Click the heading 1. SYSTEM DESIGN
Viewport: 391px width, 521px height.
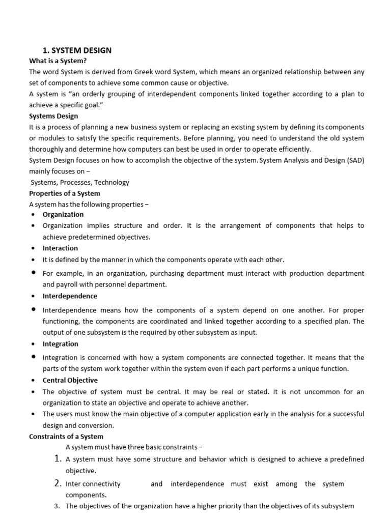[77, 50]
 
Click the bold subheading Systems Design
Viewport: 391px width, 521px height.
[53, 116]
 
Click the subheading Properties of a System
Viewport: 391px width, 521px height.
[65, 193]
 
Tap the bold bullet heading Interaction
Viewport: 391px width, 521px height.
[60, 248]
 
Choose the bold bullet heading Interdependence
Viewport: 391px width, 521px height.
[70, 296]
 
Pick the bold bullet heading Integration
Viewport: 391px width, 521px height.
[61, 344]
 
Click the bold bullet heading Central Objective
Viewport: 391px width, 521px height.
[70, 380]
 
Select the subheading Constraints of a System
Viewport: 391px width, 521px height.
[66, 437]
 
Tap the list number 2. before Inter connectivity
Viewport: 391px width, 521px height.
[58, 483]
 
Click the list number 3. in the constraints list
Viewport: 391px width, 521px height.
[58, 506]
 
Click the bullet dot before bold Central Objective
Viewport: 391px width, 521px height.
[33, 380]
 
